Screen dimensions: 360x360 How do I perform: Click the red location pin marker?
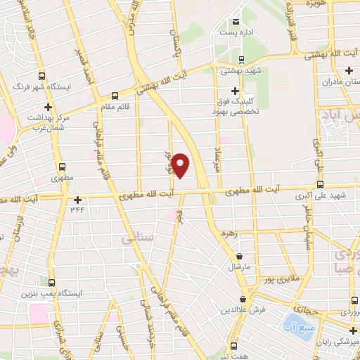pyautogui.click(x=181, y=165)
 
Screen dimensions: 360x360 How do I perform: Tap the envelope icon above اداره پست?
pyautogui.click(x=236, y=20)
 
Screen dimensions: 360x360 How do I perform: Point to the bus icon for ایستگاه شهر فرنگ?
pyautogui.click(x=41, y=76)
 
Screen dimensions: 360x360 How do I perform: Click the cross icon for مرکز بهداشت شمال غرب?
pyautogui.click(x=48, y=107)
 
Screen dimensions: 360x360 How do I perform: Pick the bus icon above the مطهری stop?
pyautogui.click(x=63, y=167)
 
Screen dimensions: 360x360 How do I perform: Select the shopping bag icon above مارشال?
pyautogui.click(x=241, y=257)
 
